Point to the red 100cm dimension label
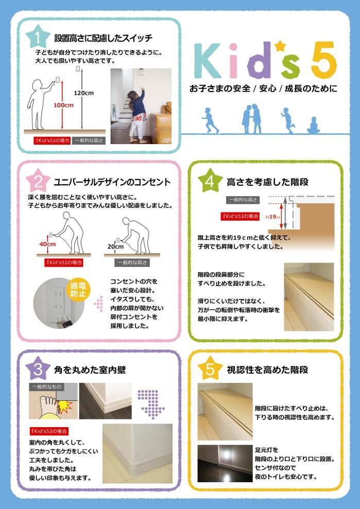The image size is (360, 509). point(63,105)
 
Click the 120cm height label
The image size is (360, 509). point(83,93)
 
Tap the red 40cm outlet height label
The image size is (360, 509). point(47,243)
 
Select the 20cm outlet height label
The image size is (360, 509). point(115,247)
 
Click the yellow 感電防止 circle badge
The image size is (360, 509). point(79,290)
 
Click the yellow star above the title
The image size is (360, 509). point(280,46)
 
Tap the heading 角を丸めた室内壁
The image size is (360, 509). point(90,370)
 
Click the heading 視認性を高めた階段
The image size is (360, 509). point(267,370)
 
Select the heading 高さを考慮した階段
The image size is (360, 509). point(267,182)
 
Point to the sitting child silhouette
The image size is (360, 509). point(312,125)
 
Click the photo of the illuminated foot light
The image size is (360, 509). point(225,463)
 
